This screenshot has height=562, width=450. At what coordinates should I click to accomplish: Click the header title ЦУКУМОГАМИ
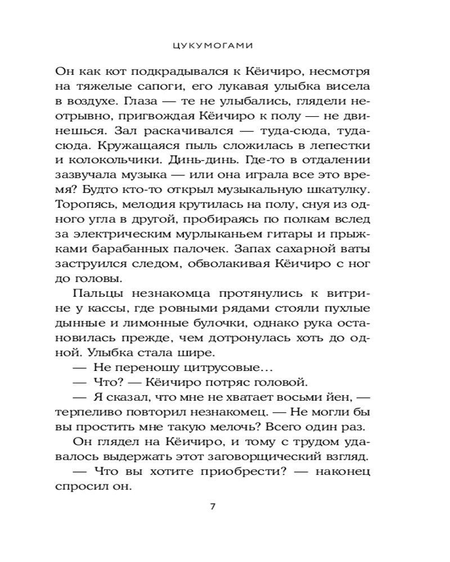[225, 43]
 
